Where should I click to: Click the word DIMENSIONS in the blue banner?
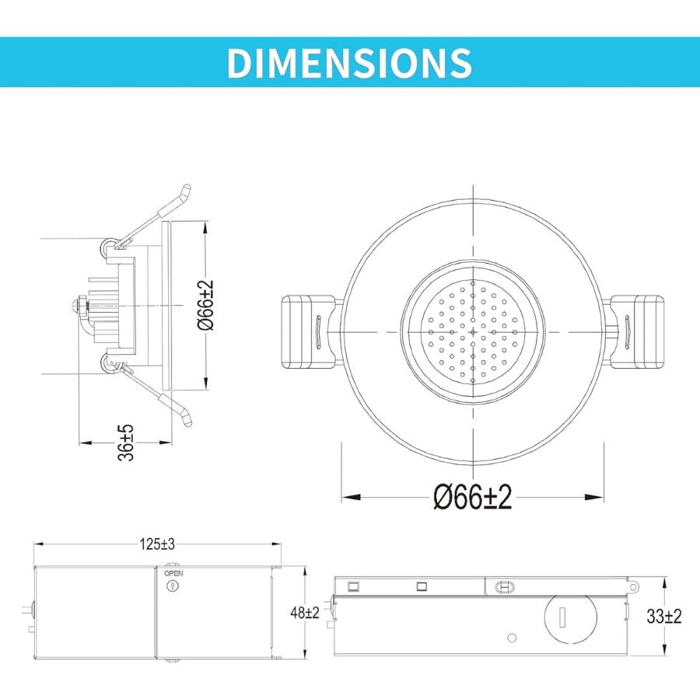(x=349, y=62)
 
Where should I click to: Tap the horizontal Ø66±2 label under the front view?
(x=473, y=497)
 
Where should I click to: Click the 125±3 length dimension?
(x=158, y=544)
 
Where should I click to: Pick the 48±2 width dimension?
(x=305, y=613)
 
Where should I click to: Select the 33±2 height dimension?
(x=664, y=617)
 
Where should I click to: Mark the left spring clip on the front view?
(x=309, y=331)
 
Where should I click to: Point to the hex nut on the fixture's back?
(x=81, y=305)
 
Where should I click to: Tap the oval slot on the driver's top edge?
(x=503, y=585)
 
